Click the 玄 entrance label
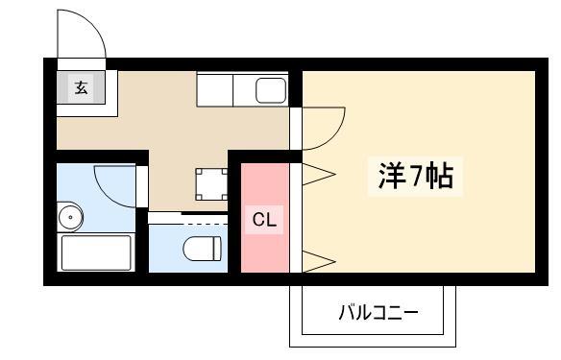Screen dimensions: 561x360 pos(82,87)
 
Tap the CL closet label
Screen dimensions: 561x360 pos(264,220)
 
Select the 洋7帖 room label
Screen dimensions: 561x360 pos(416,176)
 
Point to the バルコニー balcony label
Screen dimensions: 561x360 pos(378,312)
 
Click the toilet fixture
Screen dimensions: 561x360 pos(202,249)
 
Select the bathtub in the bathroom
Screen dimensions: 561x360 pos(96,252)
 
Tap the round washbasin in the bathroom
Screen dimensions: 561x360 pos(71,217)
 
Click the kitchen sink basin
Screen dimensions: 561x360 pos(271,89)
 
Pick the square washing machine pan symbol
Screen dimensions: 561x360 pos(211,184)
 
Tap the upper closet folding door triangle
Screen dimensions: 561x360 pos(319,175)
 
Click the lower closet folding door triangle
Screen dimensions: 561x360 pos(319,262)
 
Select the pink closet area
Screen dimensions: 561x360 pos(265,218)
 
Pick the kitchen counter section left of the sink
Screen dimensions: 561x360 pos(214,89)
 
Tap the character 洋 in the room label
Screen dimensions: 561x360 pos(392,176)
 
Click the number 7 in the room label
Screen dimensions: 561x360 pos(417,176)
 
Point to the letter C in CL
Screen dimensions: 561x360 pos(258,220)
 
